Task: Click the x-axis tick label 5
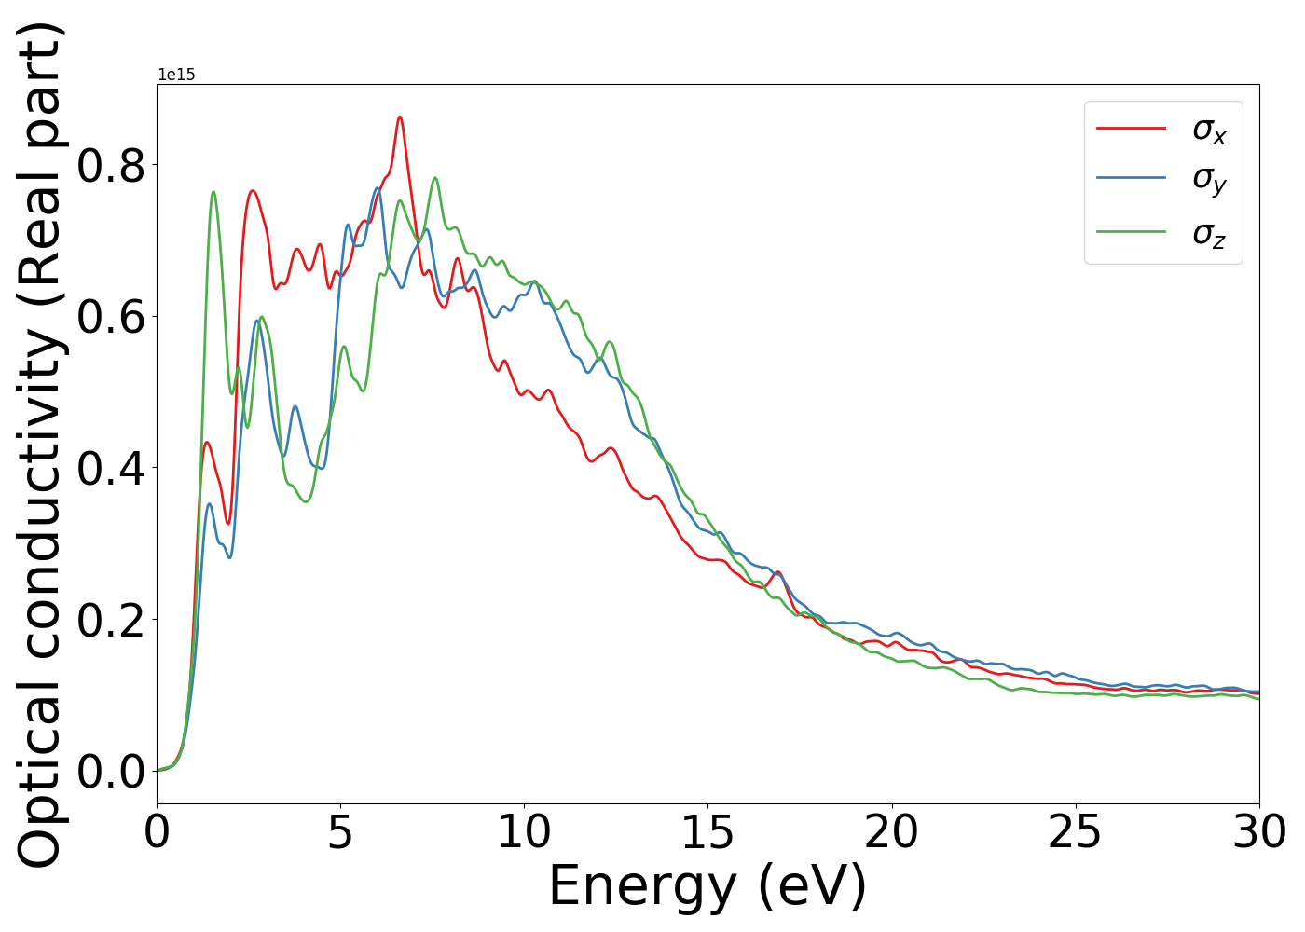pyautogui.click(x=340, y=831)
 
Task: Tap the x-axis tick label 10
pyautogui.click(x=524, y=831)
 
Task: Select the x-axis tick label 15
pyautogui.click(x=707, y=831)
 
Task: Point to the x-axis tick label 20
pyautogui.click(x=891, y=831)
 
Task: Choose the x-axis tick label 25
pyautogui.click(x=1075, y=831)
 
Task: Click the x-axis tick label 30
pyautogui.click(x=1258, y=831)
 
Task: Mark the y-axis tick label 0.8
pyautogui.click(x=111, y=166)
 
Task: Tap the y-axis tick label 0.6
pyautogui.click(x=111, y=317)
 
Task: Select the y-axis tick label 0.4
pyautogui.click(x=111, y=469)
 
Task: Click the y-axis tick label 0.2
pyautogui.click(x=111, y=620)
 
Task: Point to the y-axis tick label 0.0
pyautogui.click(x=111, y=772)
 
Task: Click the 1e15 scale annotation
pyautogui.click(x=176, y=75)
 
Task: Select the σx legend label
pyautogui.click(x=1209, y=130)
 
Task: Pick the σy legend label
pyautogui.click(x=1209, y=179)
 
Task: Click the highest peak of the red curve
pyautogui.click(x=400, y=116)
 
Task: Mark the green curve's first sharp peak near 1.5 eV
pyautogui.click(x=213, y=192)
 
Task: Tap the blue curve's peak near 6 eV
pyautogui.click(x=378, y=188)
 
